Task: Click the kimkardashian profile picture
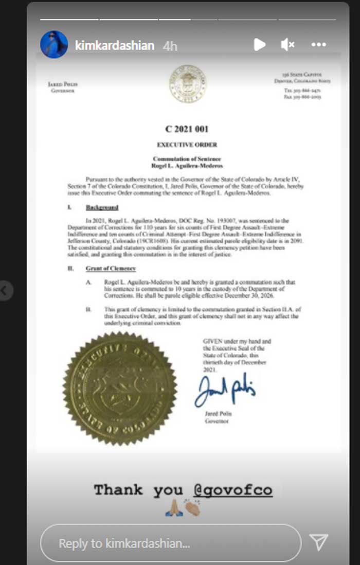pos(54,45)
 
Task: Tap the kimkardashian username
pos(115,45)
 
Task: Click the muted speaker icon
pos(287,45)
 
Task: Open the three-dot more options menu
pos(319,45)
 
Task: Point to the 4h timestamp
pos(170,46)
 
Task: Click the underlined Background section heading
pos(102,207)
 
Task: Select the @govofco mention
pos(233,490)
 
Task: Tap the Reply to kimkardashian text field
pos(170,543)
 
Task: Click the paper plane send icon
pos(319,542)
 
